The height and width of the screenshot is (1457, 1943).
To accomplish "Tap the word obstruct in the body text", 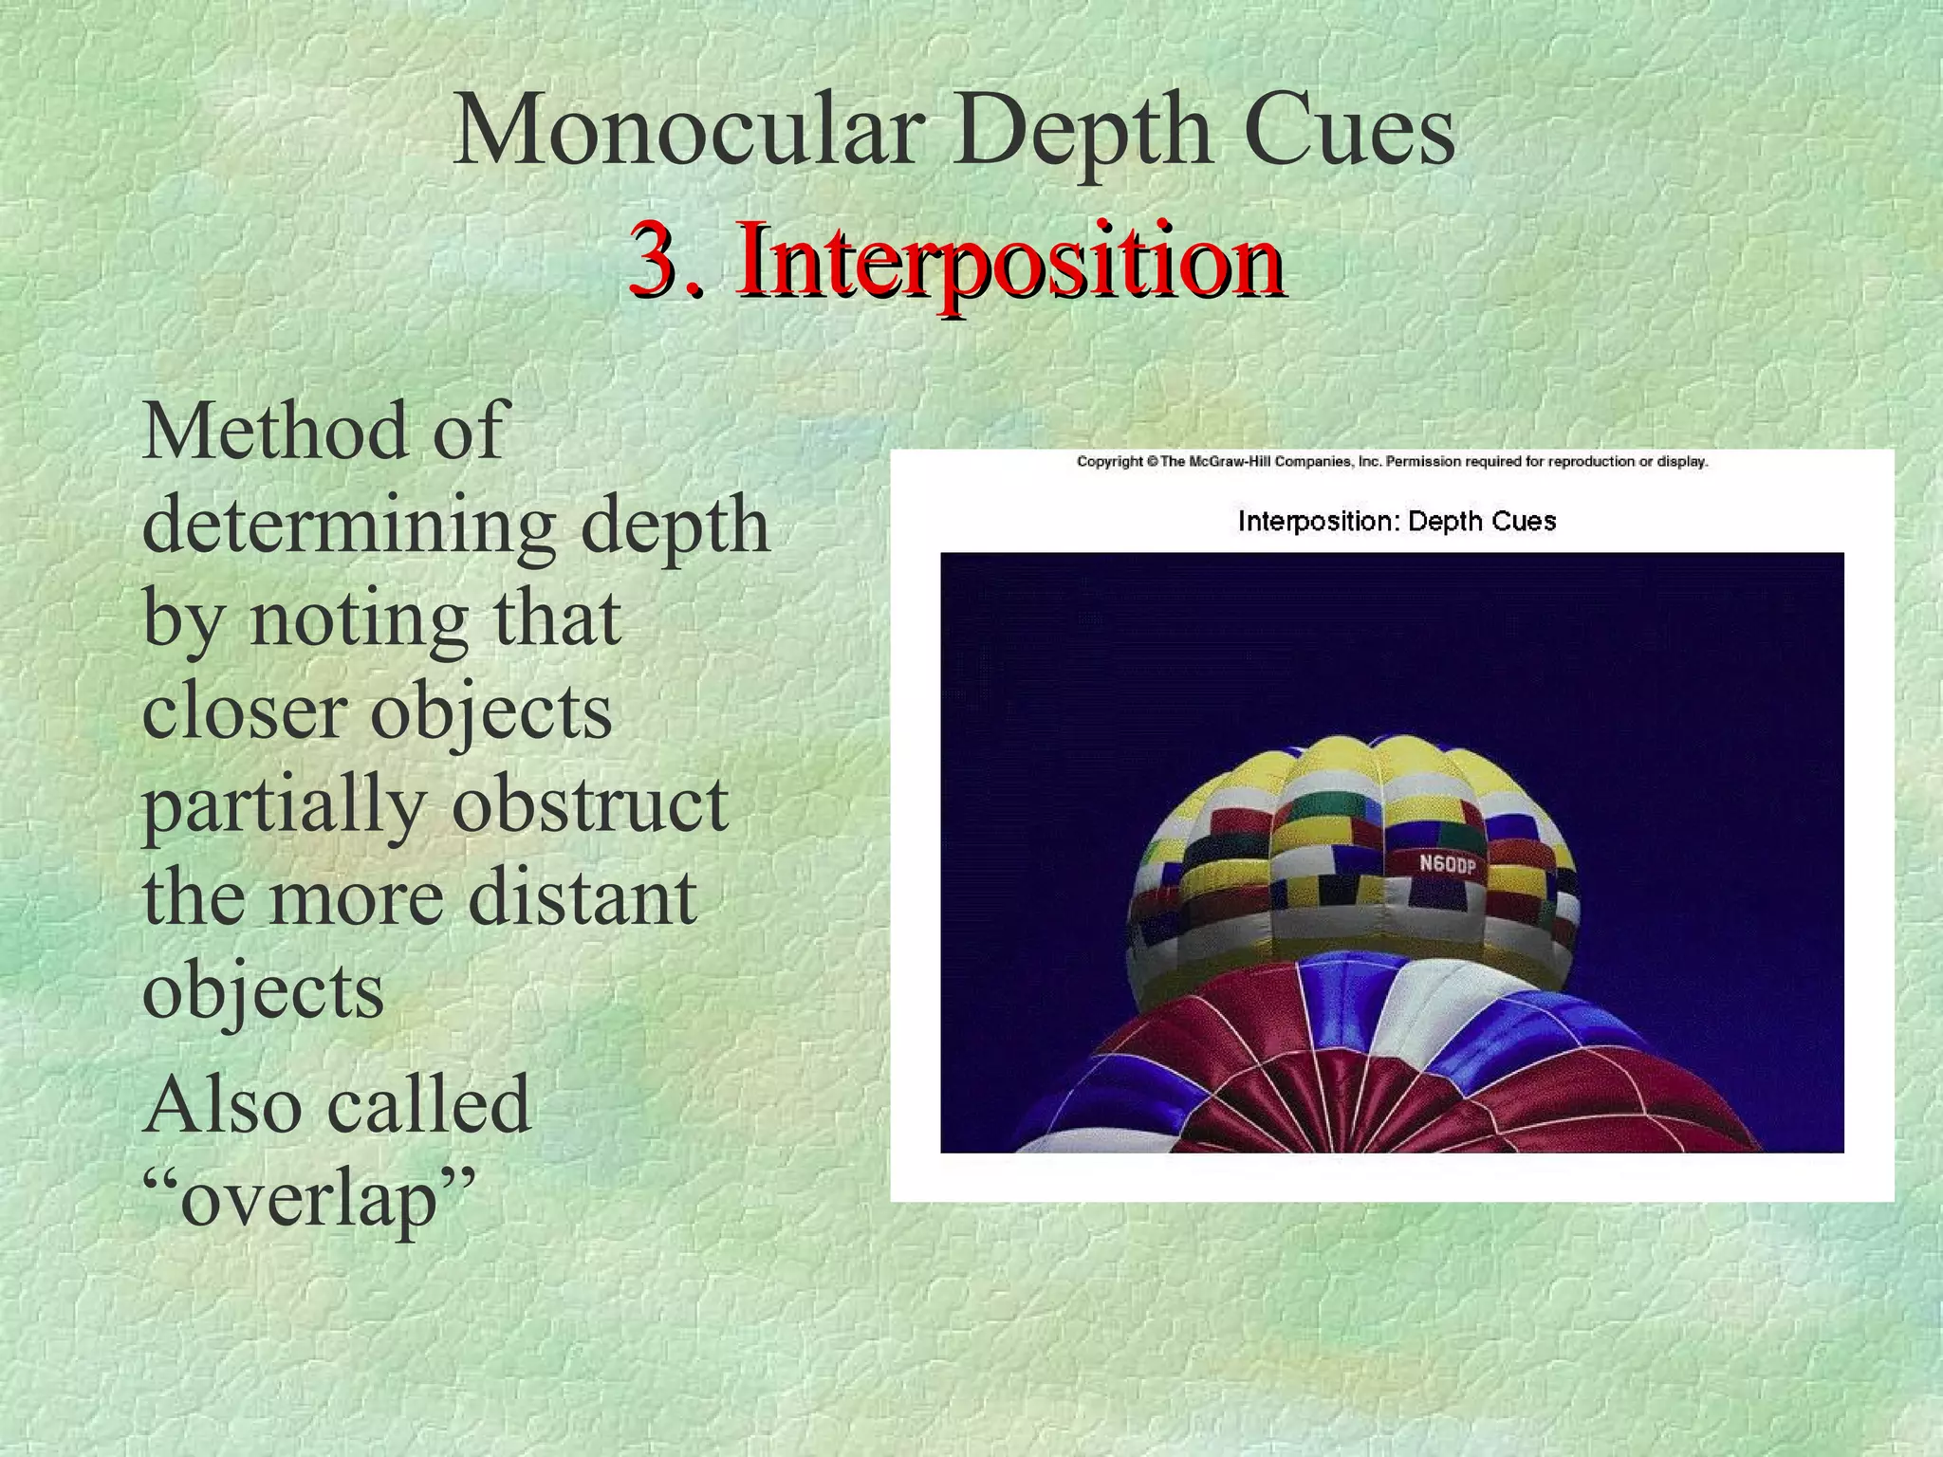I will (x=589, y=804).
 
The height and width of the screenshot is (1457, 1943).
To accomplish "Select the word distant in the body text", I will (x=583, y=897).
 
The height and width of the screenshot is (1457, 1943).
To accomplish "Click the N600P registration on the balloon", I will (x=1447, y=865).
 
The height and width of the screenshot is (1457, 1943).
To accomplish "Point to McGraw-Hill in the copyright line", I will (x=1229, y=462).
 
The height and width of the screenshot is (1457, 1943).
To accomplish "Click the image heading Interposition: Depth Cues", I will (x=1397, y=521).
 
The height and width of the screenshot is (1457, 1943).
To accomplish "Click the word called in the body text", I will (x=427, y=1105).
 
